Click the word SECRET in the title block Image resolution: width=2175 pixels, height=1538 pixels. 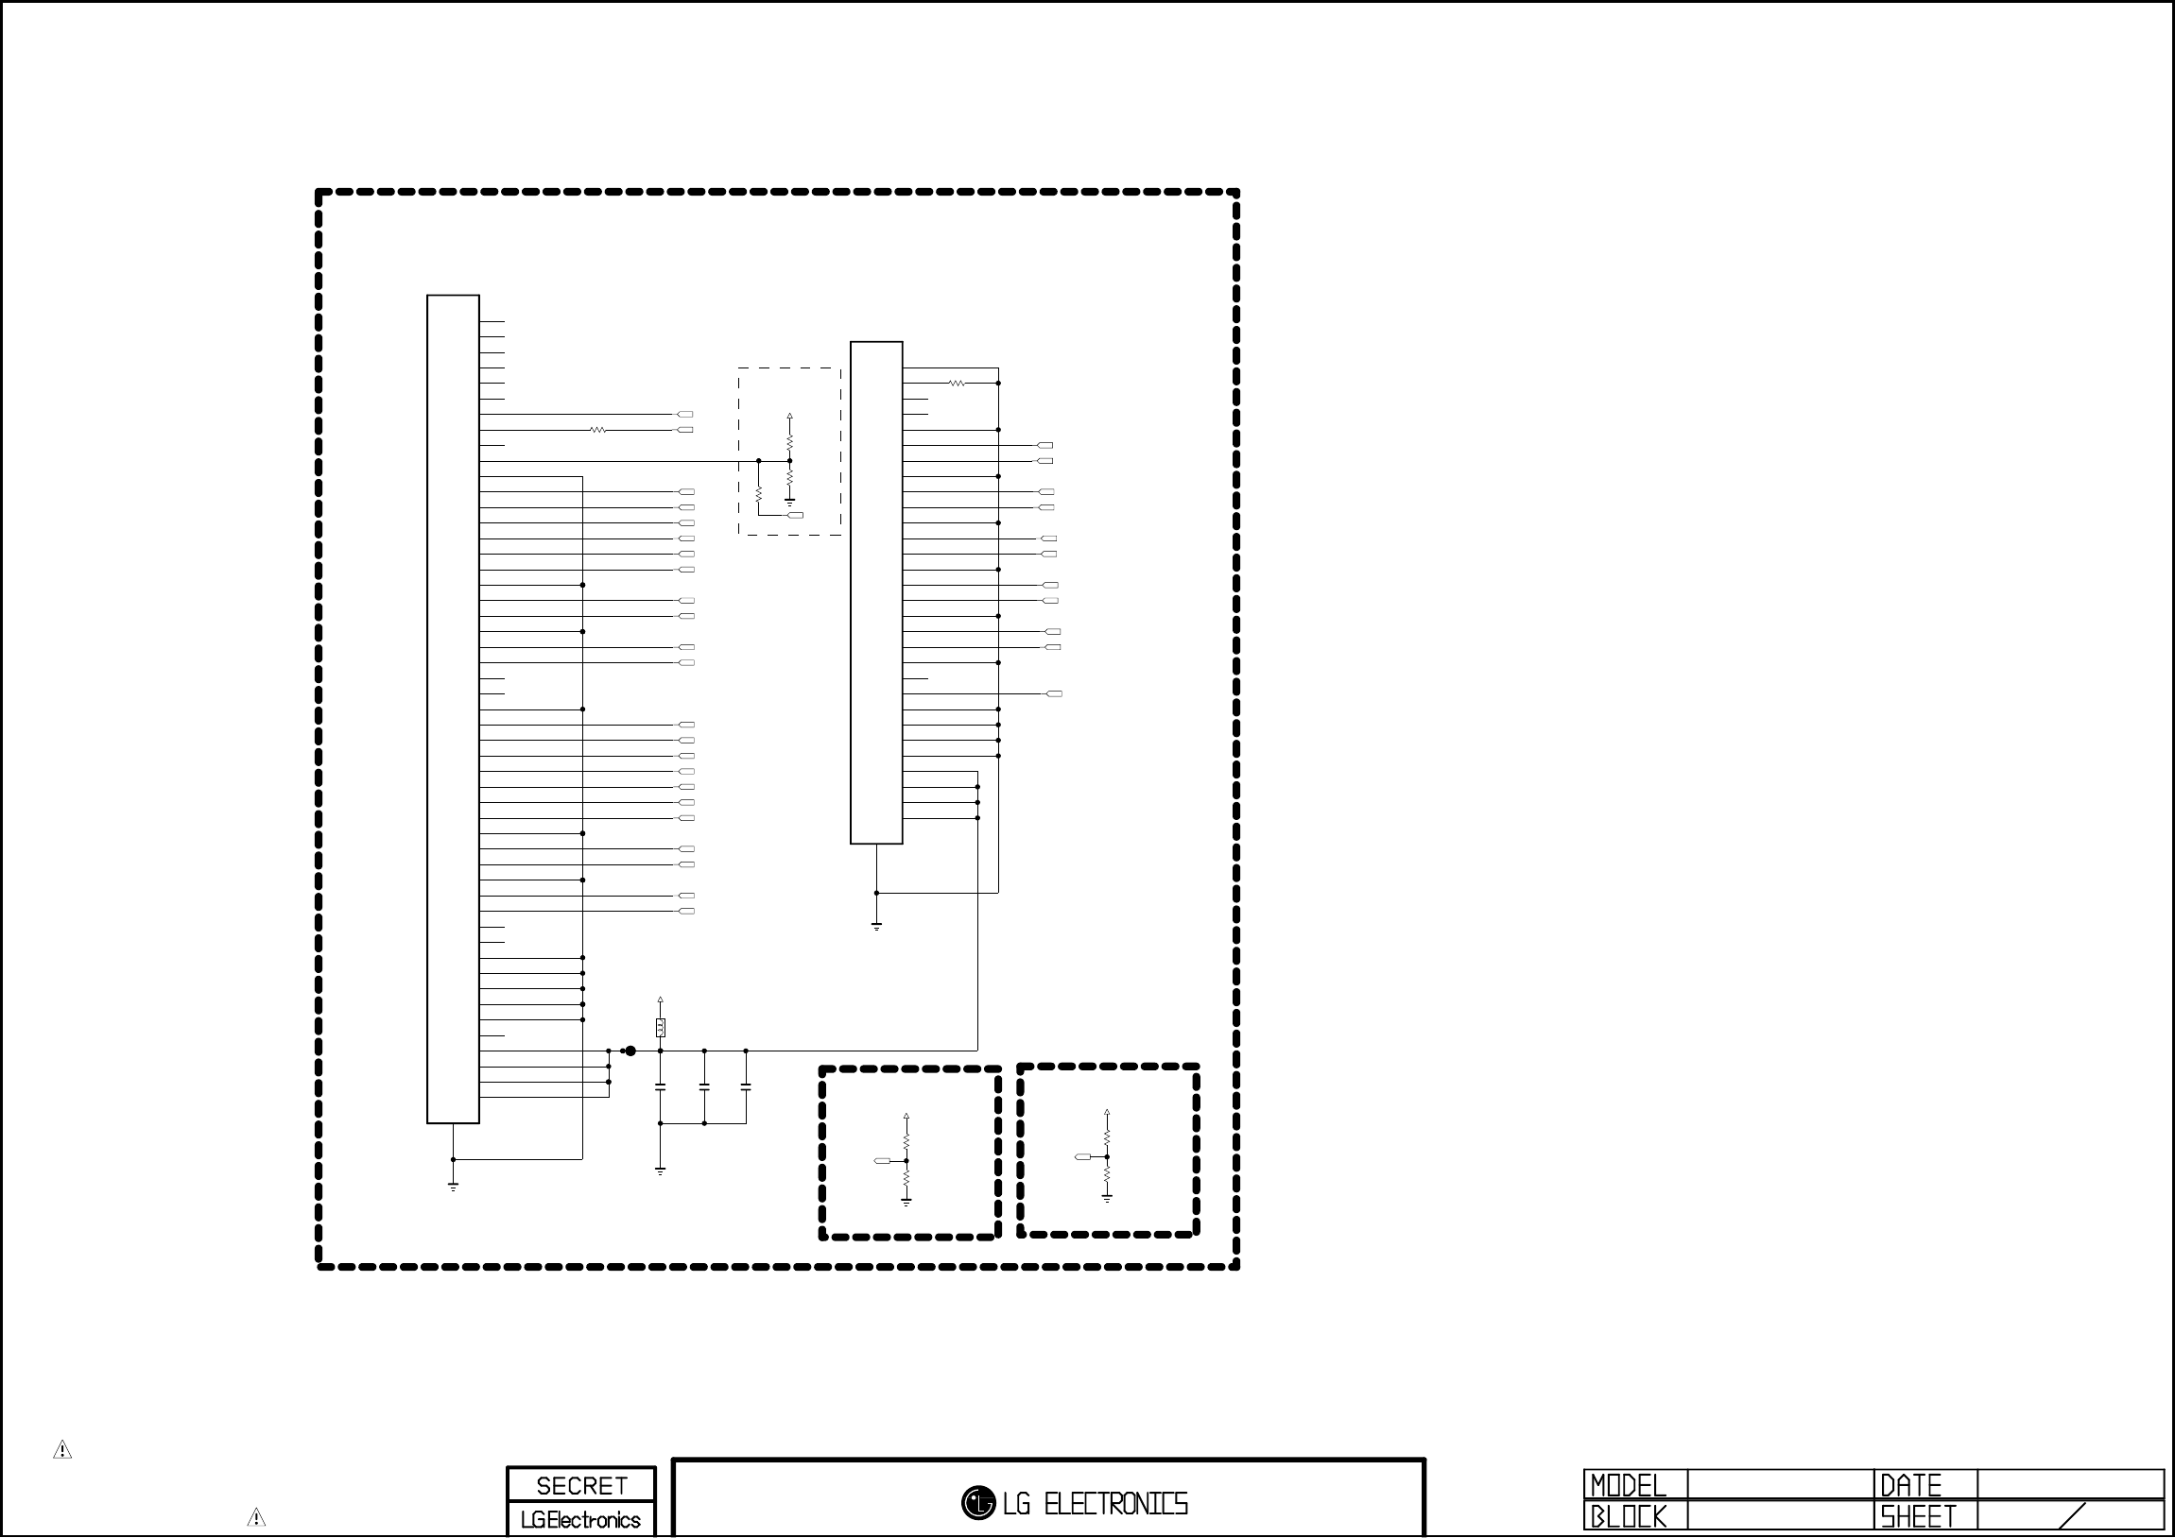[581, 1485]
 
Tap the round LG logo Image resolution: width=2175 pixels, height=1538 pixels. [978, 1502]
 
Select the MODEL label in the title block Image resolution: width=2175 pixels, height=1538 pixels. [1628, 1485]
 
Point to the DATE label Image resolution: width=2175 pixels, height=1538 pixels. [1910, 1485]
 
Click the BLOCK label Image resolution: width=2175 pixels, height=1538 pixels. [1628, 1516]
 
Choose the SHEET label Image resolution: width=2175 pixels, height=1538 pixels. [1918, 1516]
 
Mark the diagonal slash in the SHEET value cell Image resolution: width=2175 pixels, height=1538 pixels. [2073, 1515]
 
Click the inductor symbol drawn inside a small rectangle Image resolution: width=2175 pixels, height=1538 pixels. [661, 1028]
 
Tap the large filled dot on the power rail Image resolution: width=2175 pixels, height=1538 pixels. [630, 1051]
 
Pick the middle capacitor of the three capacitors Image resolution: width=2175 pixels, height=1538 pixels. [704, 1090]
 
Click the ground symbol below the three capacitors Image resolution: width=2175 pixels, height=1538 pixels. [661, 1171]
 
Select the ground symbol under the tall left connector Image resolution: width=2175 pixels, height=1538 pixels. [454, 1187]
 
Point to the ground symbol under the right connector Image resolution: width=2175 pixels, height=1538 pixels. [877, 927]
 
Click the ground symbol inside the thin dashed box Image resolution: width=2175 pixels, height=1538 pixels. [790, 502]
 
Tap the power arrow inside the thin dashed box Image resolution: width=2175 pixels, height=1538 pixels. [790, 417]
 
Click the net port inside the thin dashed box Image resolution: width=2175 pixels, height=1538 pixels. [796, 515]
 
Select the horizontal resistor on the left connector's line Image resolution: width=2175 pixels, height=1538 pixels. [597, 430]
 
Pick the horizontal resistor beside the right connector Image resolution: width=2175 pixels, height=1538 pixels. [957, 384]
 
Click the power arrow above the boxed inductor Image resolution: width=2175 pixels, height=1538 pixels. [661, 1001]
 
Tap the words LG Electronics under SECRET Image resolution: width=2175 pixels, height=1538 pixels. [580, 1520]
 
